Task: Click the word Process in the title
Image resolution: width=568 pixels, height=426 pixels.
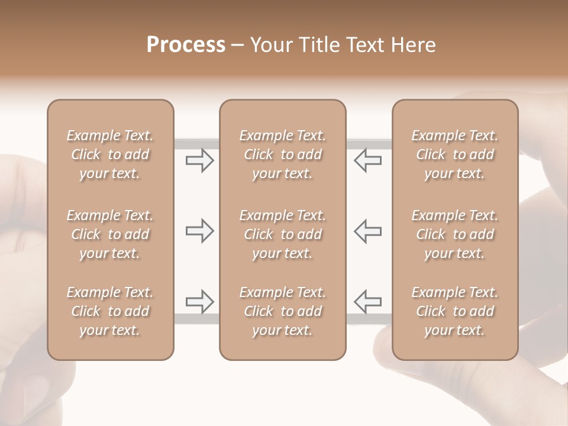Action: tap(186, 45)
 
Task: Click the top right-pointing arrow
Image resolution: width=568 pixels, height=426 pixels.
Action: tap(199, 160)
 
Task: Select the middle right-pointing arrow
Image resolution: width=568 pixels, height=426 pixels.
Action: tap(199, 231)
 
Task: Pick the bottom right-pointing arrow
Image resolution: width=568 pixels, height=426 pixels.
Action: tap(199, 302)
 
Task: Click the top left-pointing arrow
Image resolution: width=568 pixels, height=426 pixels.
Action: tap(368, 160)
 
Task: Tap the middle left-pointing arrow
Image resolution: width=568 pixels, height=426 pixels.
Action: tap(368, 231)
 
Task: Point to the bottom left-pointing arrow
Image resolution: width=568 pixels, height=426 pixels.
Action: tap(368, 302)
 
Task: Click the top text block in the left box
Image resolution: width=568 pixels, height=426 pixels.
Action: tap(110, 154)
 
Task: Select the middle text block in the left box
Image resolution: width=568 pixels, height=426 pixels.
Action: tap(110, 234)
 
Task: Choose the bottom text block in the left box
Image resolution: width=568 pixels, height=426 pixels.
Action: tap(110, 311)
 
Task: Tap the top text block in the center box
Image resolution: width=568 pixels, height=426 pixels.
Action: tap(282, 154)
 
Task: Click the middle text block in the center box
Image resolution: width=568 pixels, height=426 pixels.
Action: tap(282, 234)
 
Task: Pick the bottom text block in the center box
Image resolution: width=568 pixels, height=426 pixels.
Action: tap(282, 311)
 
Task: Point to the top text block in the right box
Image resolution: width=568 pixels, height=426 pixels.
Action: tap(454, 154)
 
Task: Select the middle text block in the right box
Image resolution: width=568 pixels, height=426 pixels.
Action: tap(454, 234)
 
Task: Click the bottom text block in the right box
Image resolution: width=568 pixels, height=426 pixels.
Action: tap(454, 311)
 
